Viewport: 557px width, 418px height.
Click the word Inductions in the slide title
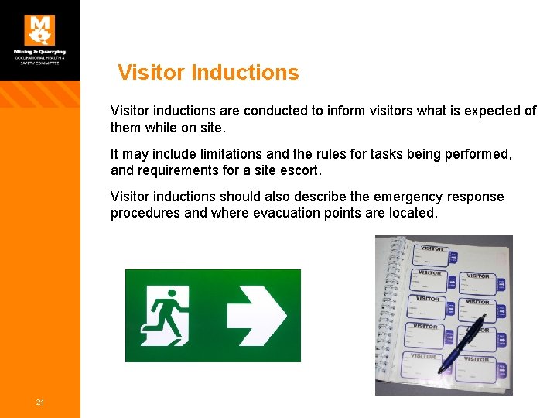244,73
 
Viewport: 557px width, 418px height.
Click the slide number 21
39,402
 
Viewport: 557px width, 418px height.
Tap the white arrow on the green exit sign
256,316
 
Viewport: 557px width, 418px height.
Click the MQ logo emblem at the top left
39,30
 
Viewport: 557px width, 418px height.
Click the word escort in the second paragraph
300,170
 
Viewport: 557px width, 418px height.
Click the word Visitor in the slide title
151,73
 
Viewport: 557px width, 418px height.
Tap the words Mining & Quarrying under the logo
39,52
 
